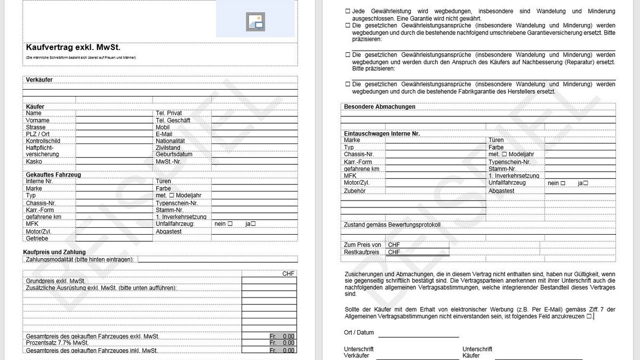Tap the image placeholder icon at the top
[255, 21]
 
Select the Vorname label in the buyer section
[36, 121]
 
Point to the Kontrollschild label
[43, 141]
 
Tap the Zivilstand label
[168, 148]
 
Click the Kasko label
[34, 162]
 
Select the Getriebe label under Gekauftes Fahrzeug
[37, 238]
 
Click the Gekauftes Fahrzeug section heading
[53, 174]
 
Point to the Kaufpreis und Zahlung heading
[54, 252]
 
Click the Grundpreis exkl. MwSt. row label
[55, 281]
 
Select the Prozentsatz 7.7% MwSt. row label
[57, 343]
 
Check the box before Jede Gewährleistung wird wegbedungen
[348, 11]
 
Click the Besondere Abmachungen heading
[380, 107]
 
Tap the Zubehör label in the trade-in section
[355, 190]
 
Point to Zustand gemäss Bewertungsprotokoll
[393, 225]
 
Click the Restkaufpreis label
[362, 252]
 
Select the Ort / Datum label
[359, 332]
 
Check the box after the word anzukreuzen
[589, 316]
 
